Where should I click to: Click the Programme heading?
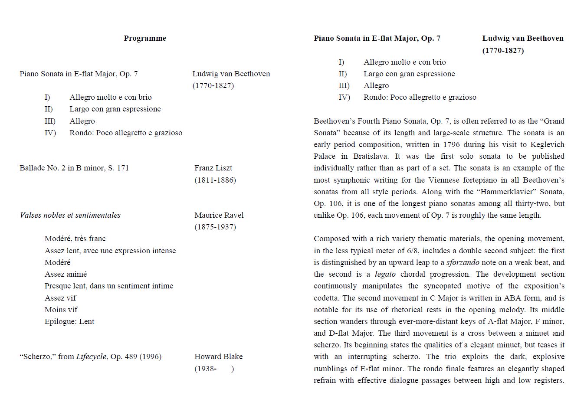[x=145, y=38]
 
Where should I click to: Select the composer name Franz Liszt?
[x=213, y=168]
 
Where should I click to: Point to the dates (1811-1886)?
[x=215, y=180]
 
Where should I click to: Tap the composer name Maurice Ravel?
[x=219, y=215]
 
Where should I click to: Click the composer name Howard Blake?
[x=219, y=356]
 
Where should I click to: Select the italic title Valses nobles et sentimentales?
[x=70, y=215]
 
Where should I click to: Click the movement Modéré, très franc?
[x=75, y=239]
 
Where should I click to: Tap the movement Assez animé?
[x=66, y=274]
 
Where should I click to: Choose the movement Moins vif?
[x=61, y=310]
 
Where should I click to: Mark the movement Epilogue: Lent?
[x=69, y=321]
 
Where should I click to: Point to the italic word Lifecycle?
[x=91, y=356]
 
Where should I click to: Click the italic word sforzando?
[x=463, y=262]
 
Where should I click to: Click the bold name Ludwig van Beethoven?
[x=523, y=38]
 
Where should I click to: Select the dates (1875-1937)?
[x=215, y=227]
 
